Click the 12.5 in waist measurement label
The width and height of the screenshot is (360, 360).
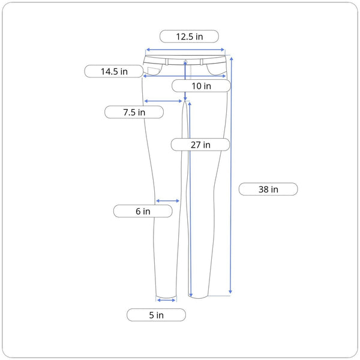(189, 36)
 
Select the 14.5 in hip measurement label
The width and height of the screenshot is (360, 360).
(114, 71)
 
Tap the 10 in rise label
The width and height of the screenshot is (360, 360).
(201, 86)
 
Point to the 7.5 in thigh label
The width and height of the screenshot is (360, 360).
(134, 112)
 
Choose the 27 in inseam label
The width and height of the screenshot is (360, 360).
(200, 145)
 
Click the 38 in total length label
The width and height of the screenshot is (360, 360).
(268, 189)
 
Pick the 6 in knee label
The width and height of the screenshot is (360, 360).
(143, 211)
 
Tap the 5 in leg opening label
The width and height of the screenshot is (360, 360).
(156, 315)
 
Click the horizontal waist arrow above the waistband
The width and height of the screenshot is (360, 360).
(185, 50)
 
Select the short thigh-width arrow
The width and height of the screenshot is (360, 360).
(163, 101)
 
